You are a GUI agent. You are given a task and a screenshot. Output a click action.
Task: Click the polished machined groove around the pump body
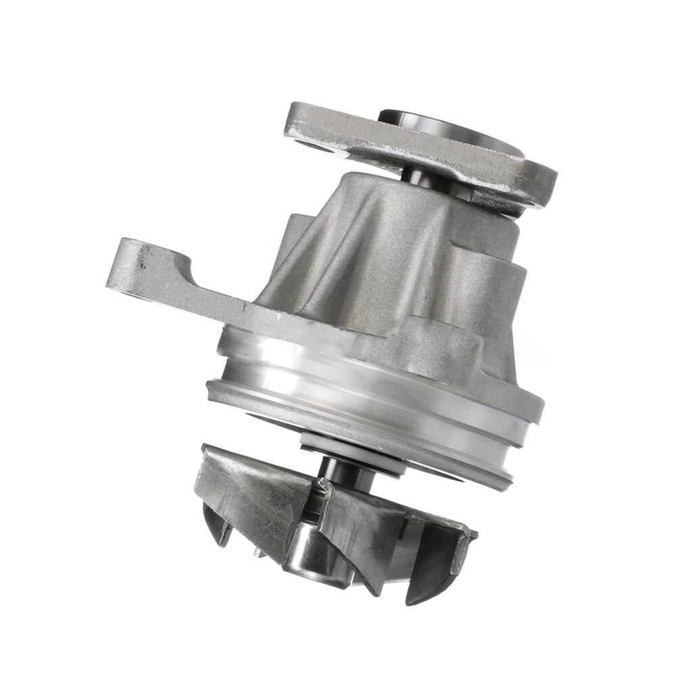(x=365, y=379)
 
